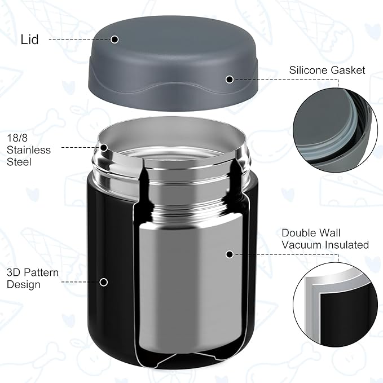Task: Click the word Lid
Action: pos(29,40)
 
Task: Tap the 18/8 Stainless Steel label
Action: pos(29,150)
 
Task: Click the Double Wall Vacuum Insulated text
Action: pos(325,239)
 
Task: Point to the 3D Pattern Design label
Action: pos(33,278)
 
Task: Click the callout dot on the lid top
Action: pos(115,39)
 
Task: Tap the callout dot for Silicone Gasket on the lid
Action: pos(229,80)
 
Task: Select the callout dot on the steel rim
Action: pos(104,148)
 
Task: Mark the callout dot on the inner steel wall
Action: pos(230,254)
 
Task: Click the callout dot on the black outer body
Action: pos(104,281)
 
